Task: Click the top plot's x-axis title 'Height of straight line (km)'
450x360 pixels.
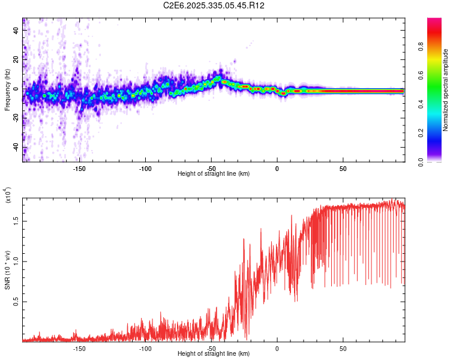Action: [x=214, y=174]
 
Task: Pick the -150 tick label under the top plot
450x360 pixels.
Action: [x=79, y=168]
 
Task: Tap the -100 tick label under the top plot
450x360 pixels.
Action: [x=145, y=168]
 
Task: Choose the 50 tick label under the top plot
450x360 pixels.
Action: [x=343, y=168]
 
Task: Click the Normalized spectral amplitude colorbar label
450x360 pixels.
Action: [x=446, y=90]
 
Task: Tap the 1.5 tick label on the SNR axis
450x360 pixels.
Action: [x=16, y=220]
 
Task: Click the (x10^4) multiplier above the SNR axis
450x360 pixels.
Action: [x=8, y=196]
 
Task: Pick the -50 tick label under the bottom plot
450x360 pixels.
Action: [x=211, y=349]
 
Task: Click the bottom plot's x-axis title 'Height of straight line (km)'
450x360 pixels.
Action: [x=214, y=355]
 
